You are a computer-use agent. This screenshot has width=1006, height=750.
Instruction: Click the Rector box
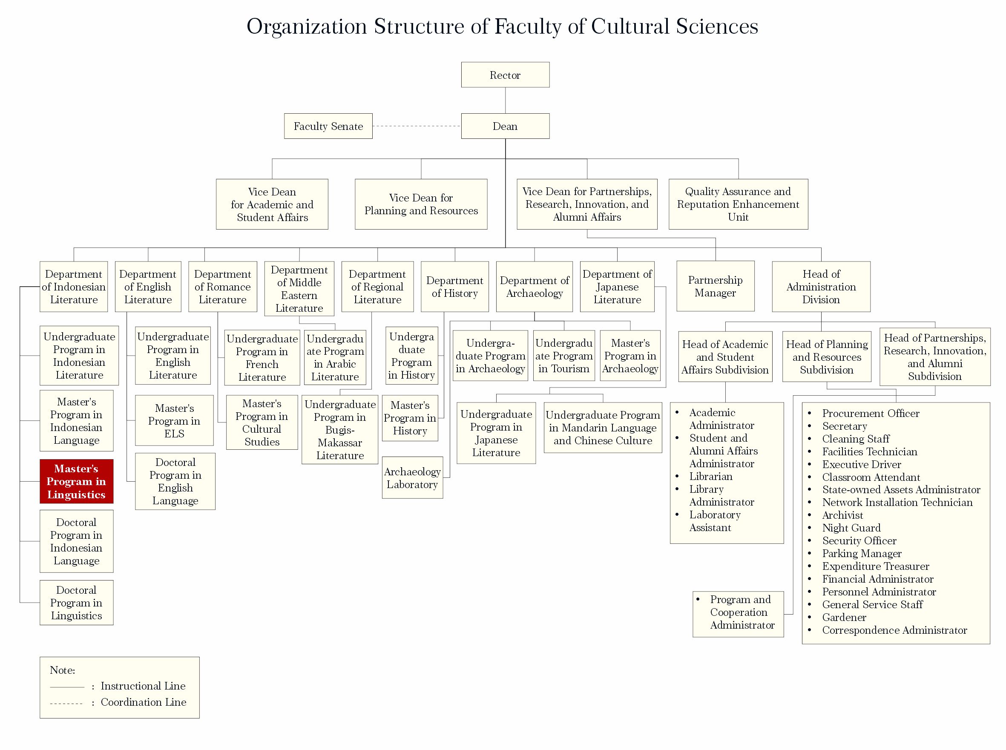pos(505,75)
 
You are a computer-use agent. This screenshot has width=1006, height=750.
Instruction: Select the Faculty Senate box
pos(328,126)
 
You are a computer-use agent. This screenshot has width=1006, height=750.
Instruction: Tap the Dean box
pos(505,126)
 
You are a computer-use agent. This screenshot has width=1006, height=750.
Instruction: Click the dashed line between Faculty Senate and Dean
pos(416,126)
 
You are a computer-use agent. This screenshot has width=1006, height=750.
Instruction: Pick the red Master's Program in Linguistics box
pos(76,481)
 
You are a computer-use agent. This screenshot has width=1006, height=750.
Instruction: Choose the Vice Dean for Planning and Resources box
pos(421,204)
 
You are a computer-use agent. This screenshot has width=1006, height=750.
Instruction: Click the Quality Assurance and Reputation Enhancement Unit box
pos(738,204)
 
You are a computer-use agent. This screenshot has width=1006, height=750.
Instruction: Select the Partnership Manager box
pos(715,286)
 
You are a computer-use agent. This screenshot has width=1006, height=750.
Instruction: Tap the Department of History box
pos(454,287)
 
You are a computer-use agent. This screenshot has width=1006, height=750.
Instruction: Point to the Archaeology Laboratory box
pos(412,477)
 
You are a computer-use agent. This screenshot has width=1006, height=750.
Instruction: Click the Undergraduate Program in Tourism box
pos(563,356)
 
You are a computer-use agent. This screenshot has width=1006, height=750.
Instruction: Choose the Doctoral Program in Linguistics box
pos(76,603)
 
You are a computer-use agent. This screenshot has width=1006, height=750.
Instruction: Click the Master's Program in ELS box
pos(174,420)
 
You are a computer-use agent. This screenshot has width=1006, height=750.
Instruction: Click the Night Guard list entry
pos(851,528)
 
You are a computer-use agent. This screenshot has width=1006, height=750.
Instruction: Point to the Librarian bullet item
pos(710,476)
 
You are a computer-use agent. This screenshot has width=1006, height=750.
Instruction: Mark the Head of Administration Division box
pos(821,287)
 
